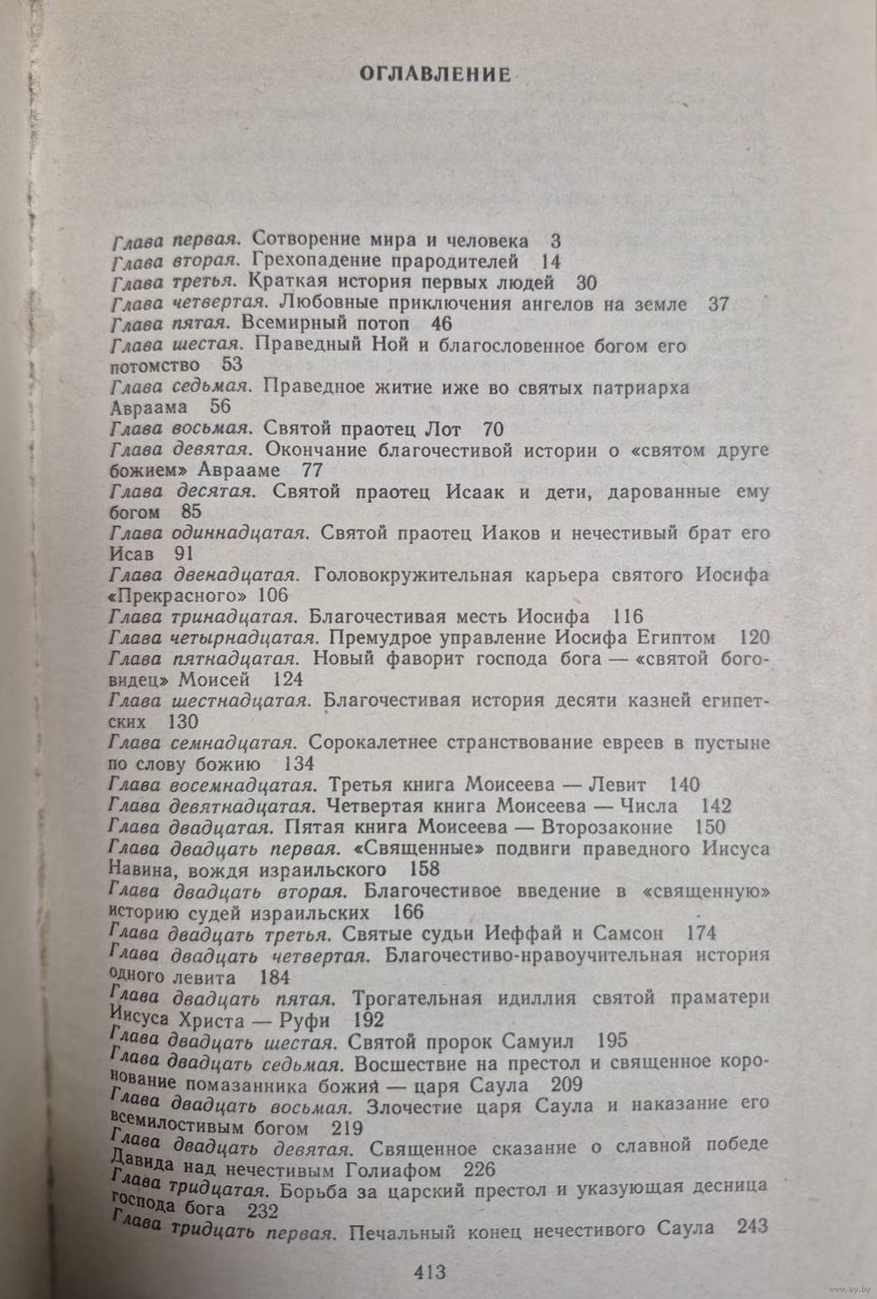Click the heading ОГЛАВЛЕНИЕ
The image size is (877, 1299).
coord(435,75)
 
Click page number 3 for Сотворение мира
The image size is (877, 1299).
coord(555,240)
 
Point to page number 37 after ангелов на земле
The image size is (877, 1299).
coord(719,303)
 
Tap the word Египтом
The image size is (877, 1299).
coord(674,638)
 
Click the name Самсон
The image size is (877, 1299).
coord(624,932)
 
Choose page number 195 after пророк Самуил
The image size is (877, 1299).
coord(611,1041)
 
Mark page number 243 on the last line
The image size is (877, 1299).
coord(753,1228)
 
